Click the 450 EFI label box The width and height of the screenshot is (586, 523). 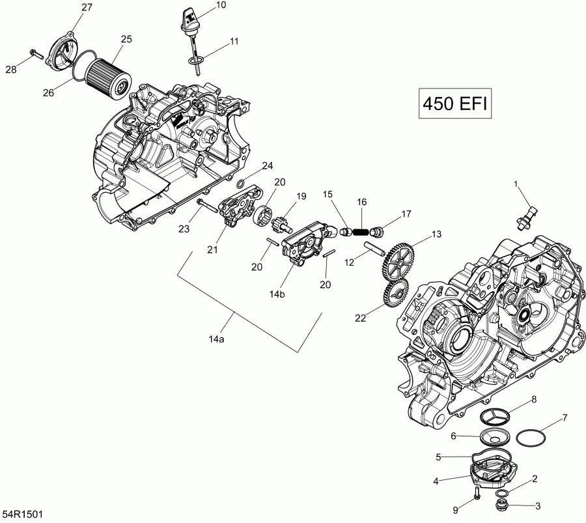[454, 104]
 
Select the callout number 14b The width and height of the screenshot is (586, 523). [278, 294]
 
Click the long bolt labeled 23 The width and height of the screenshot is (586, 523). [204, 207]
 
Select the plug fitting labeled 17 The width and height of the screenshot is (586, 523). [378, 230]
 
